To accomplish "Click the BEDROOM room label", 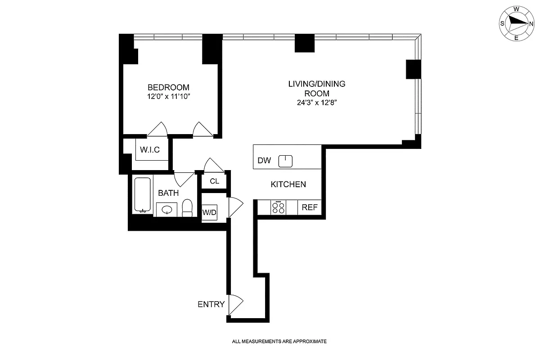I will [168, 87].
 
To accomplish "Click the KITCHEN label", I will [288, 184].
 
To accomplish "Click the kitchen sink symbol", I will [286, 161].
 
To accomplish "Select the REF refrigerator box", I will [310, 207].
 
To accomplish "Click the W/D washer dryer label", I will [208, 212].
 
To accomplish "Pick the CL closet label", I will [214, 181].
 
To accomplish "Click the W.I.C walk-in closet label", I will [150, 150].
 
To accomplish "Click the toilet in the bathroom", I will [188, 208].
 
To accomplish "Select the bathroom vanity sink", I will [167, 210].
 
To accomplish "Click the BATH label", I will [168, 193].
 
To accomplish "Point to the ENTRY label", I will [211, 304].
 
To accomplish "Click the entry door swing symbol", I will [235, 305].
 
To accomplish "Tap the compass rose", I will [516, 22].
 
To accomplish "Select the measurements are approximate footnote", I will [279, 342].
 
